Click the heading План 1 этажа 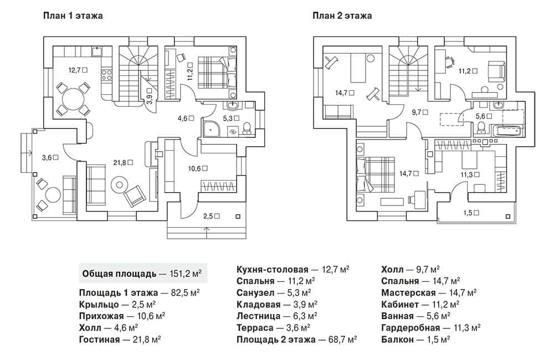(73, 16)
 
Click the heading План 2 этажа (342, 16)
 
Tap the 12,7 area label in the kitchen (78, 70)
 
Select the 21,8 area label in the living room (123, 162)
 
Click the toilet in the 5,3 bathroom (247, 128)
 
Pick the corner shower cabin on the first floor (211, 127)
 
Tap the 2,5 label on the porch (211, 216)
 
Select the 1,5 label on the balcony (471, 213)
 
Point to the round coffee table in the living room (119, 185)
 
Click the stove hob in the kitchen (107, 75)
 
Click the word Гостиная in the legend (99, 340)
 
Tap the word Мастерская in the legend (408, 293)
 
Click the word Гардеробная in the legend (411, 328)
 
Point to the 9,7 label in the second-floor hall (420, 112)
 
